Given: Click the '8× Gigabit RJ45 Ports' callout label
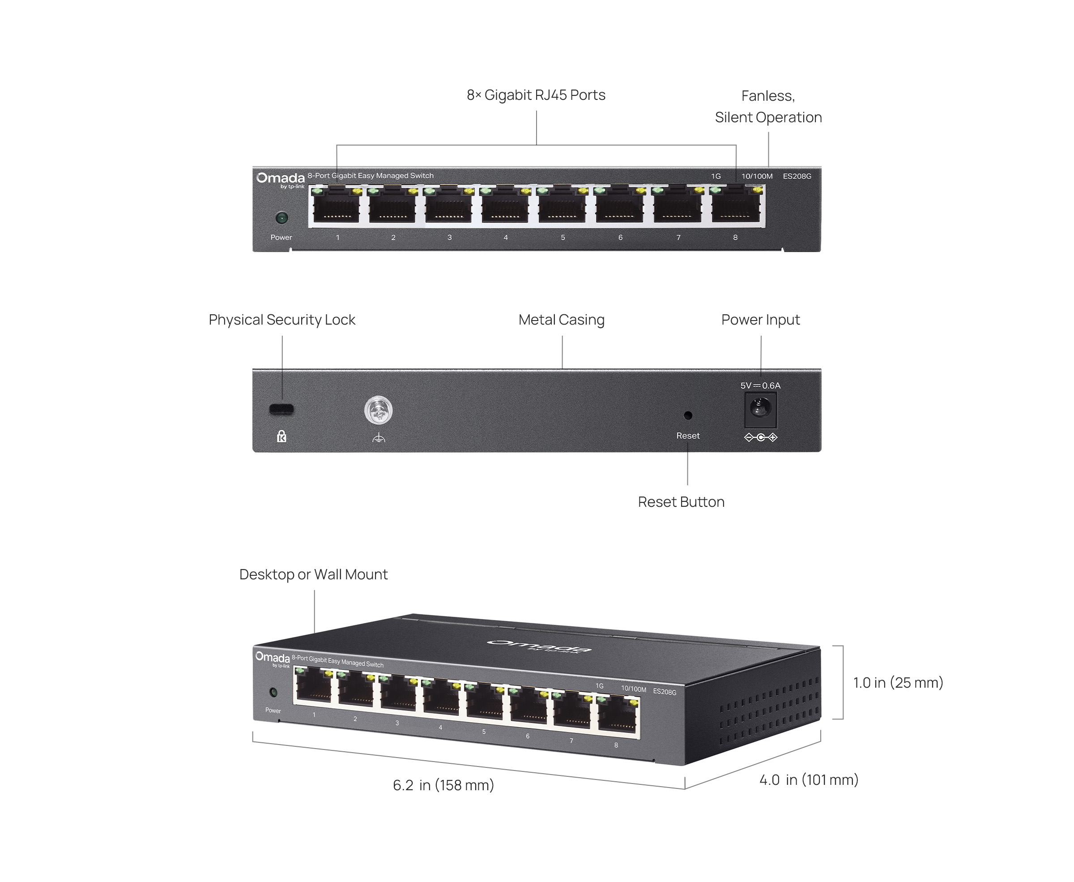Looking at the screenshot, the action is [x=536, y=95].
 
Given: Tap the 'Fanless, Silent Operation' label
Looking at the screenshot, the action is [x=768, y=107].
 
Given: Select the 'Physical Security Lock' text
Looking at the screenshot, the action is [x=282, y=320].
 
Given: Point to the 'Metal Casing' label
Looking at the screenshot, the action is [x=562, y=320].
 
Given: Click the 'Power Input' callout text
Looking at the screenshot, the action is [x=761, y=320].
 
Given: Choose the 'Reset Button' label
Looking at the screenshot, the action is [x=681, y=502].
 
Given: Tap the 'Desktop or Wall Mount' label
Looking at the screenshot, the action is [x=313, y=574].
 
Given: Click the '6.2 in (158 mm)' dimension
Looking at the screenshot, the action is [x=443, y=785].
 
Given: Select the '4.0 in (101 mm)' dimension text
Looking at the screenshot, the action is [x=809, y=780].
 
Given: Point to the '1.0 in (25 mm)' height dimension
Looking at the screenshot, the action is [x=898, y=683].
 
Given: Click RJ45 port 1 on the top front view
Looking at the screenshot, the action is [x=336, y=206].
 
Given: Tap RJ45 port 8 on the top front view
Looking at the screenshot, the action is [x=736, y=206].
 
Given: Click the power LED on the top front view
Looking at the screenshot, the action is [x=281, y=218].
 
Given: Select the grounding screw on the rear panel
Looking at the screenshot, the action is [x=378, y=411].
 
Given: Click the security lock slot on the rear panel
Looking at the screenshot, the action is [x=281, y=409].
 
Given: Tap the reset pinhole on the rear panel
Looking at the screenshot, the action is [x=688, y=415].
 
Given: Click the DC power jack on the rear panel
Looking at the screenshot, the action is [x=760, y=409].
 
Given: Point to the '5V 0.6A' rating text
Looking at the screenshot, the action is [x=760, y=385].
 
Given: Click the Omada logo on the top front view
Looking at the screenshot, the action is [x=280, y=180].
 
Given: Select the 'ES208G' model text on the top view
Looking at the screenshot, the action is [x=797, y=176].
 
